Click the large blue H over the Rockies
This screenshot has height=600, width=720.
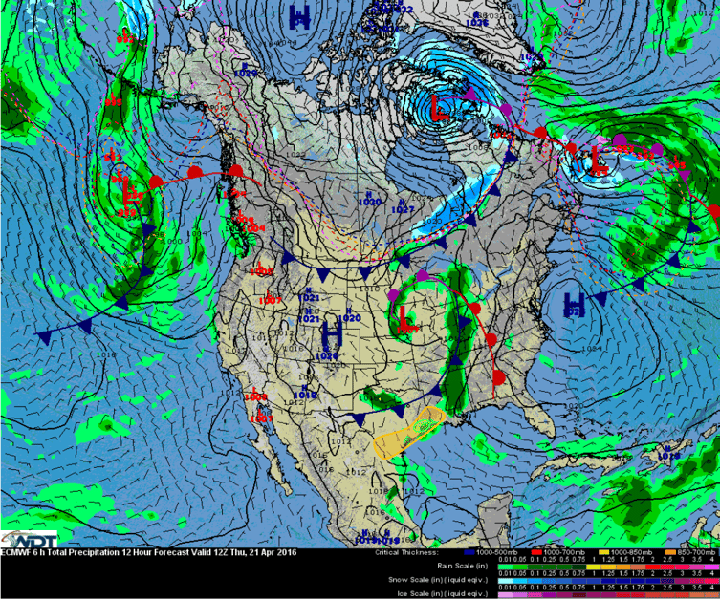point(332,334)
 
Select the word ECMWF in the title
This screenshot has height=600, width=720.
point(18,551)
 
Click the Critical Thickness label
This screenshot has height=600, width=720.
point(405,551)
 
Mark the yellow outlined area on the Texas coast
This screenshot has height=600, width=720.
point(411,431)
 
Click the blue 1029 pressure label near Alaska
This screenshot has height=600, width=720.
point(246,73)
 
